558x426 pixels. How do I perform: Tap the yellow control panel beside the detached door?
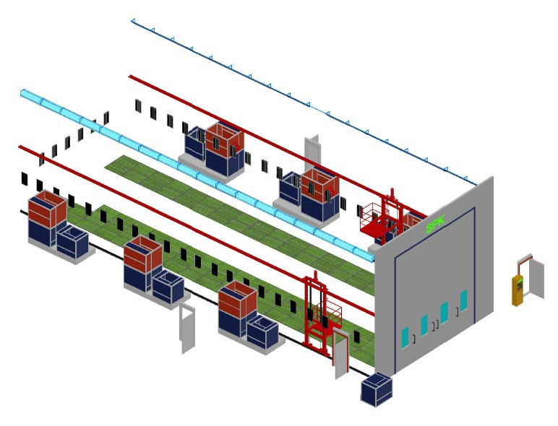518,290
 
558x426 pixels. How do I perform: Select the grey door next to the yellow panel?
536,277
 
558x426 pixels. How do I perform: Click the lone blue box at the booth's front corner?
377,389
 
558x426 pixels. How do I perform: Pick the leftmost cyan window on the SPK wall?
405,337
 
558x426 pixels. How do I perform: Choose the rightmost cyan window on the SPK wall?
463,300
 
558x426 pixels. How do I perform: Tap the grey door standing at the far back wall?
312,152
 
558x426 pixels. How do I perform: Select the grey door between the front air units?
188,328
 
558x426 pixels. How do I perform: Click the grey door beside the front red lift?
342,353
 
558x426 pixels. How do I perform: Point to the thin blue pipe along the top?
289,94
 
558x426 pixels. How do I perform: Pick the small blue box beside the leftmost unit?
72,241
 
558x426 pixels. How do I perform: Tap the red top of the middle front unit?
142,253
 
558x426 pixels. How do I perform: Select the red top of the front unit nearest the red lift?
238,299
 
